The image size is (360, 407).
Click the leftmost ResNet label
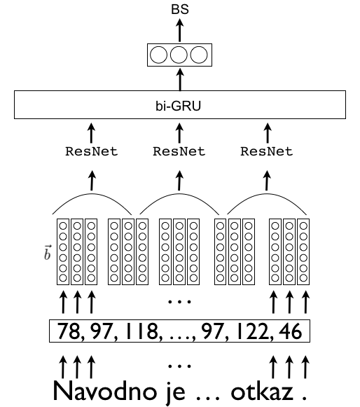point(91,151)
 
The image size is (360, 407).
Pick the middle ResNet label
point(179,151)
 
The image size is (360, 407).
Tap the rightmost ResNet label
point(267,151)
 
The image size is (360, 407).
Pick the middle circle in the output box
point(179,55)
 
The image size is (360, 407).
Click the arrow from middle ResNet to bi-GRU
point(179,132)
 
